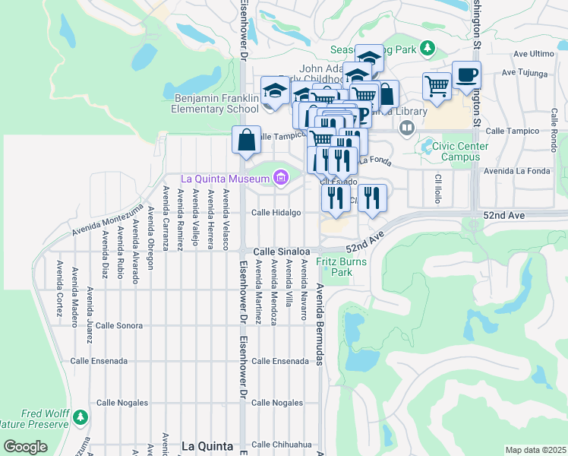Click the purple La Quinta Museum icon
pyautogui.click(x=281, y=179)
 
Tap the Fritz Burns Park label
pyautogui.click(x=342, y=267)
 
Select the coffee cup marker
pyautogui.click(x=466, y=74)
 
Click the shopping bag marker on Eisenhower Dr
pyautogui.click(x=246, y=141)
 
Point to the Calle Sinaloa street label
pyautogui.click(x=281, y=251)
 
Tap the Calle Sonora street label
pyautogui.click(x=119, y=325)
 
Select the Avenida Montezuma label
pyautogui.click(x=107, y=220)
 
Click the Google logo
pyautogui.click(x=25, y=447)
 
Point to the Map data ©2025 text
pyautogui.click(x=535, y=450)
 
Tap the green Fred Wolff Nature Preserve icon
pyautogui.click(x=80, y=417)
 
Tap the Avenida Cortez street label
pyautogui.click(x=59, y=281)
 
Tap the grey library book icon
pyautogui.click(x=407, y=127)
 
